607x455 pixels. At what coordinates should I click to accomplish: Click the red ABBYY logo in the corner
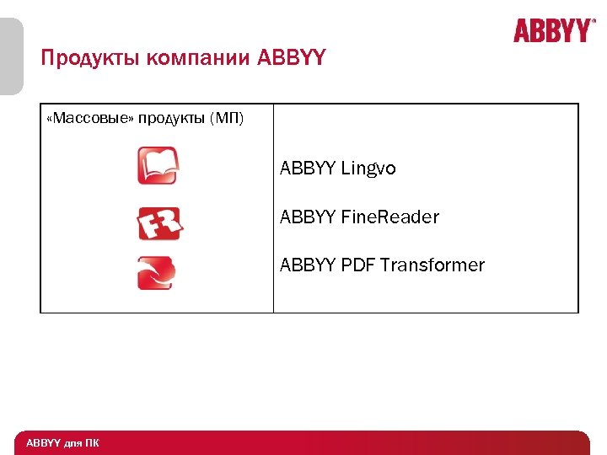[x=552, y=31]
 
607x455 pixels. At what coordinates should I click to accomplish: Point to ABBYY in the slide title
[x=291, y=59]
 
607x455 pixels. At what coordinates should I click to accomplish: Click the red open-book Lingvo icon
[x=158, y=165]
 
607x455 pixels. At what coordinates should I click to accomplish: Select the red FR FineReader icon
[x=159, y=224]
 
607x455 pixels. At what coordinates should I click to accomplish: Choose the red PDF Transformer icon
[x=157, y=273]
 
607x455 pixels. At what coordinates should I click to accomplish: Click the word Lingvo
[x=368, y=169]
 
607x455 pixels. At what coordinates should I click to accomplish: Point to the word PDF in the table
[x=358, y=265]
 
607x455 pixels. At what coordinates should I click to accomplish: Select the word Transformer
[x=432, y=265]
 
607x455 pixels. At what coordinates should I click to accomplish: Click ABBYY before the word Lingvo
[x=309, y=169]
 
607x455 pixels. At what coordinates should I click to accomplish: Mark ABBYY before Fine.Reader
[x=309, y=217]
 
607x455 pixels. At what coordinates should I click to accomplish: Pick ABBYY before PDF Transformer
[x=309, y=265]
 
